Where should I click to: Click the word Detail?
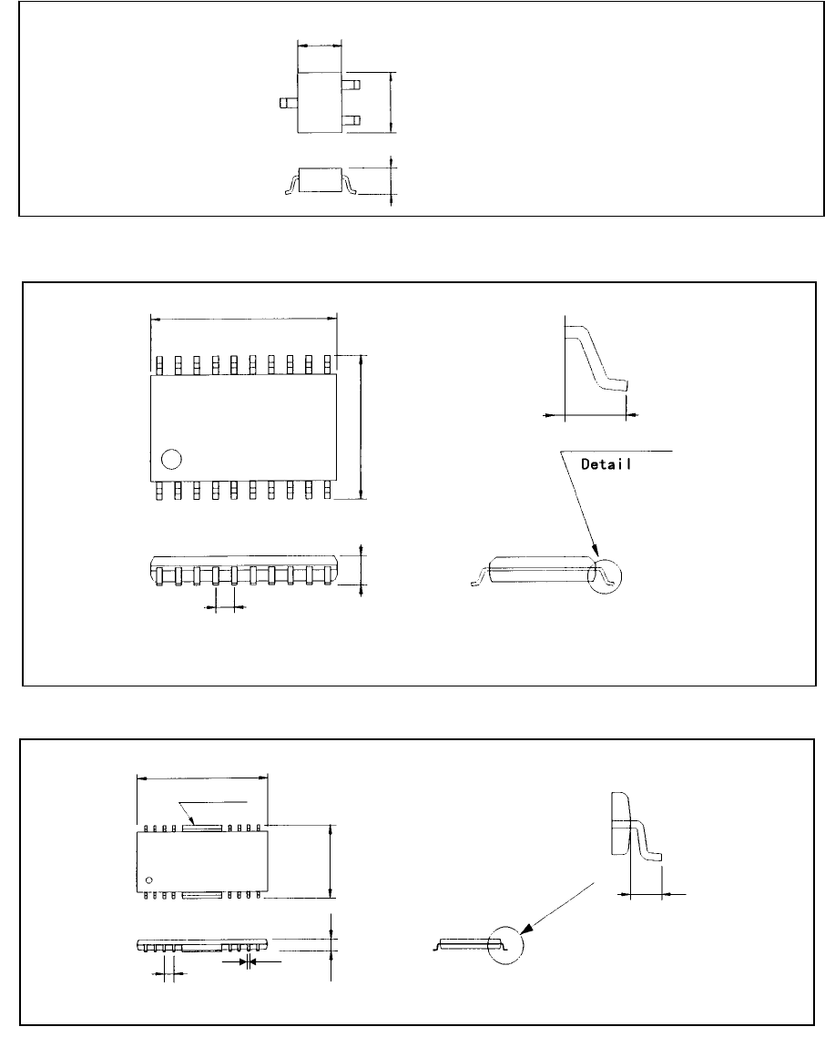tap(607, 463)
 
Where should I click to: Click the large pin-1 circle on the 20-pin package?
tap(170, 459)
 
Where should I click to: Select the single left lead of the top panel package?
tap(288, 104)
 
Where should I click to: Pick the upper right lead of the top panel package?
tap(351, 85)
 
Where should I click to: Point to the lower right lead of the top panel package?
tap(351, 120)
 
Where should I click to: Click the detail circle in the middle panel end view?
tap(608, 571)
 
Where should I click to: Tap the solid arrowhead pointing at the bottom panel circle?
tap(528, 929)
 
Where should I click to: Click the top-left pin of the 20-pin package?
tap(158, 365)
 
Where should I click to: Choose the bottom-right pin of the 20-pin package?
tap(326, 491)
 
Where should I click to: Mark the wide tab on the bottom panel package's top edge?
tap(203, 828)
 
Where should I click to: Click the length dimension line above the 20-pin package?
tap(243, 319)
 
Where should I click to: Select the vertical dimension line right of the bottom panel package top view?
tap(330, 860)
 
